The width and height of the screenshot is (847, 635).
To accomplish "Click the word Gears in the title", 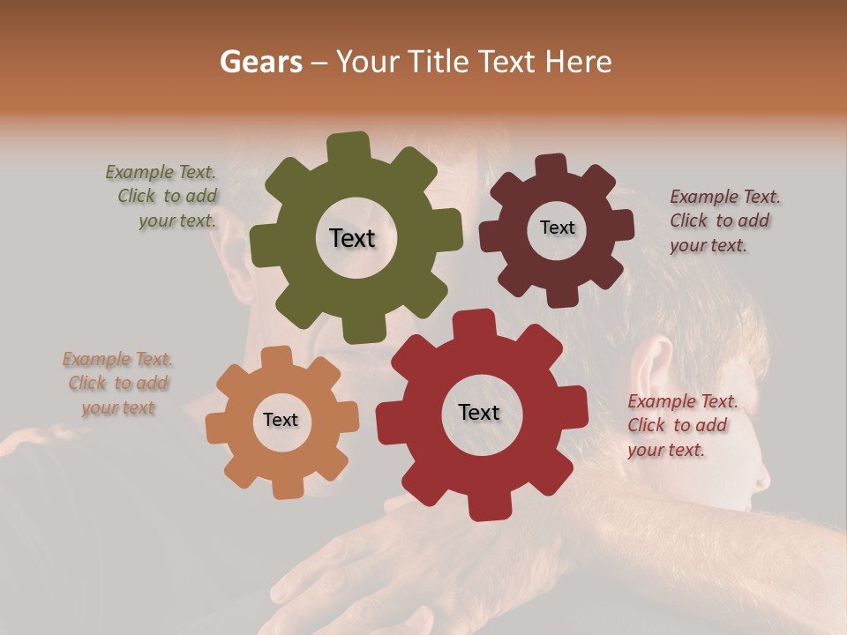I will coord(260,62).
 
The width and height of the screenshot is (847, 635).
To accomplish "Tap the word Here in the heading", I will coord(579,62).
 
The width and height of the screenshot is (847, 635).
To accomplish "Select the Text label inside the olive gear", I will coord(352,238).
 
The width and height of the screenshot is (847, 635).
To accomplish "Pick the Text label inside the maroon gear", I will coord(557,228).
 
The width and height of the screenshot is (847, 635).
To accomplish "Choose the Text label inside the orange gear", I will coord(281,421).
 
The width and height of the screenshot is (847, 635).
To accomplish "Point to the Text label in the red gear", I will coord(479,413).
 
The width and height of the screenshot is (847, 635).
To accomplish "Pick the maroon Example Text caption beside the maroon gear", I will coord(723,220).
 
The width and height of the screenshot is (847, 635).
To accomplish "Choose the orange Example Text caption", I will coord(117,384).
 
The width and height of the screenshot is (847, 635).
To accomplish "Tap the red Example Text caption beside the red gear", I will coord(681,425).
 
